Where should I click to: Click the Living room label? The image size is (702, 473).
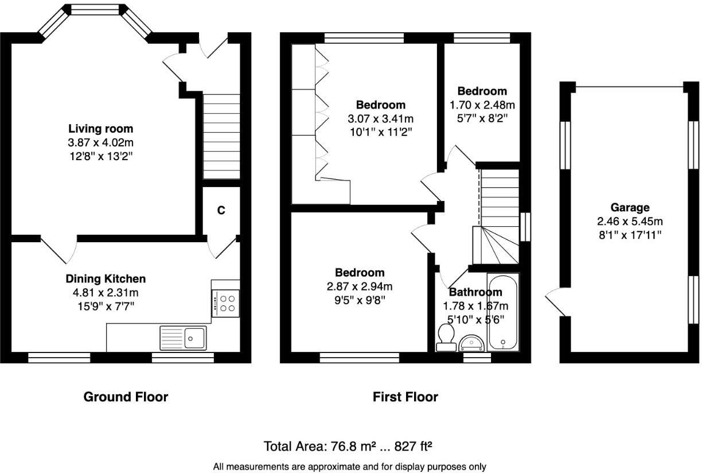[x=100, y=129]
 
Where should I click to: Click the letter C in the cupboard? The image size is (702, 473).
[x=221, y=211]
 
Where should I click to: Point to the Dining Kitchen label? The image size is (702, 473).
[x=106, y=279]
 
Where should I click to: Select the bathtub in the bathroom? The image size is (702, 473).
[x=503, y=312]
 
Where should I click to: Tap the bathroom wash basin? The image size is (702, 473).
[x=471, y=343]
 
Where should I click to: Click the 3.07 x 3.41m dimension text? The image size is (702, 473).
[x=380, y=119]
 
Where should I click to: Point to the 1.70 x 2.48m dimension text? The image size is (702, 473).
[x=482, y=105]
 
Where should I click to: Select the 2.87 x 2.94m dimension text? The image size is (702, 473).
[x=360, y=286]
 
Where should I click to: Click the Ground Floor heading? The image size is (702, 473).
[x=126, y=397]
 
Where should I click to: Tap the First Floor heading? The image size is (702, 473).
[x=405, y=397]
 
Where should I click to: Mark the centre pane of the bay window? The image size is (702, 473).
[x=96, y=10]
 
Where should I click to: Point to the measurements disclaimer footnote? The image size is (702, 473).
[x=349, y=466]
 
